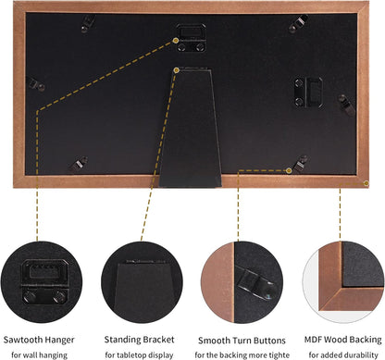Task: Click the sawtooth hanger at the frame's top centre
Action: coord(191,38)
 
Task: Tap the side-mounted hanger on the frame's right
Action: coord(308,93)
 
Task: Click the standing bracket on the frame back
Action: coord(191,128)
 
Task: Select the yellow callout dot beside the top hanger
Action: coord(176,40)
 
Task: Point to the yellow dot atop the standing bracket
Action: coord(177,70)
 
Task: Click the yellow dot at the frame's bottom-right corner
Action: coord(366,183)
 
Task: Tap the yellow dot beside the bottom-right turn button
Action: coord(289,170)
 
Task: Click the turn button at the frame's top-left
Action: coord(88,23)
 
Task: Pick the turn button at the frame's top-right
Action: coord(298,24)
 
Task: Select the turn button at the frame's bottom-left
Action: coord(79,164)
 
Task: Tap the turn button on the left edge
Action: coord(36,84)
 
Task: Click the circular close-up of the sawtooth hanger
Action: coord(42,282)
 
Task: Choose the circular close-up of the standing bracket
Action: coord(142,282)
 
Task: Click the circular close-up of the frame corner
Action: coord(343,282)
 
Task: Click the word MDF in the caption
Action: coord(313,340)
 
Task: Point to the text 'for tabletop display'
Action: coord(139,355)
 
